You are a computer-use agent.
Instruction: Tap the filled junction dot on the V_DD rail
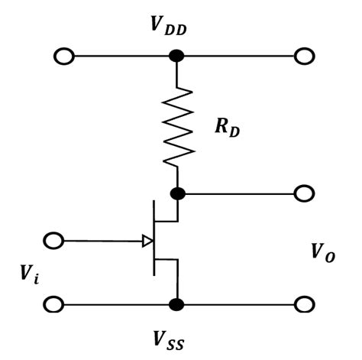point(176,57)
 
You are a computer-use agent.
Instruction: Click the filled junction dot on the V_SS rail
point(176,304)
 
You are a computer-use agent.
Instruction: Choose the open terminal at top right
point(304,57)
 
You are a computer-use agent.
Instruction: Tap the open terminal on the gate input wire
point(54,242)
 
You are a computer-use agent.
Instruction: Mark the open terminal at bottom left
point(54,304)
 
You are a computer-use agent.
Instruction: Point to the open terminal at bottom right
point(304,304)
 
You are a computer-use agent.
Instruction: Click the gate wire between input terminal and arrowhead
point(99,242)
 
